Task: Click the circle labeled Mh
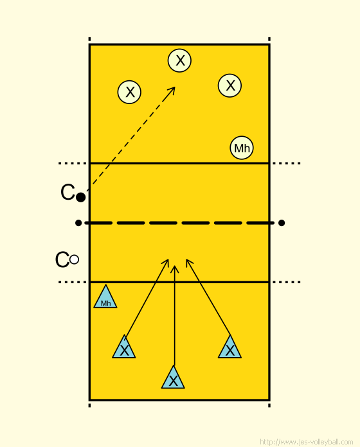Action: coord(242,148)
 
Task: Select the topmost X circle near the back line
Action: coord(179,60)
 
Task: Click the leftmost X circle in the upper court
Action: coord(129,92)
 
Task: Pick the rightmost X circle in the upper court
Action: coord(230,85)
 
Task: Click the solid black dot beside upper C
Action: coord(81,197)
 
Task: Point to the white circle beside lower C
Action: coord(74,259)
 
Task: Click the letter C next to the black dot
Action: coord(68,192)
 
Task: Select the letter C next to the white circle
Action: coord(62,259)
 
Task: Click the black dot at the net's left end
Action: coord(78,223)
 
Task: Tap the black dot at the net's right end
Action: coord(282,223)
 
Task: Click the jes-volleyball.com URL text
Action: coord(307,442)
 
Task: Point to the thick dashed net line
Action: coord(180,223)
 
